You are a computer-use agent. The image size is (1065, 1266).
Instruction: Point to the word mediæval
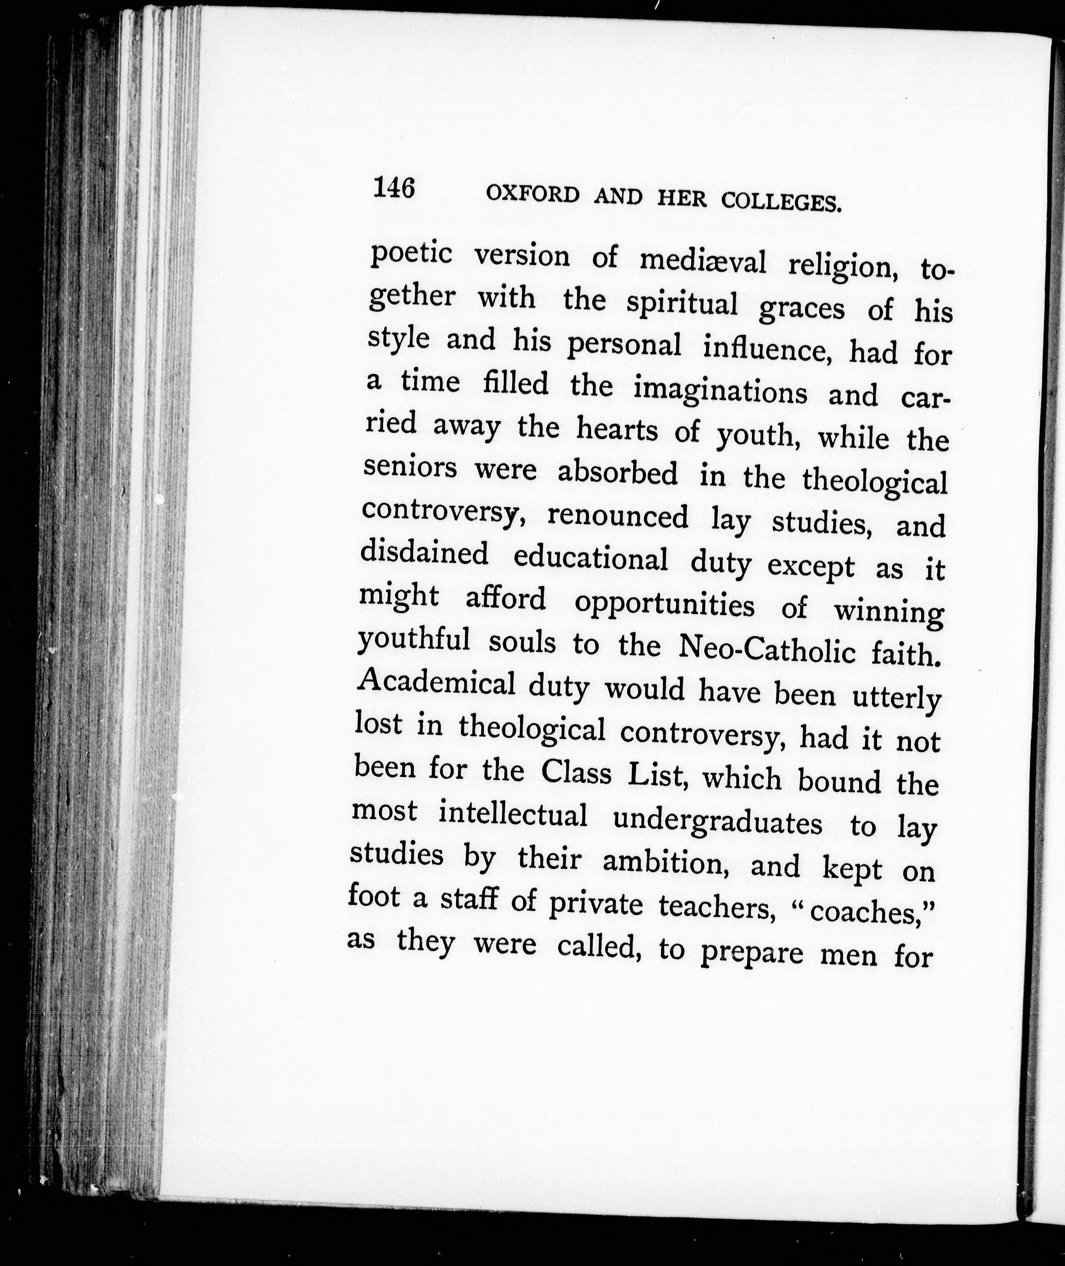703,261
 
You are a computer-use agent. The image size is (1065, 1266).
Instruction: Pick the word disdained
424,553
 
